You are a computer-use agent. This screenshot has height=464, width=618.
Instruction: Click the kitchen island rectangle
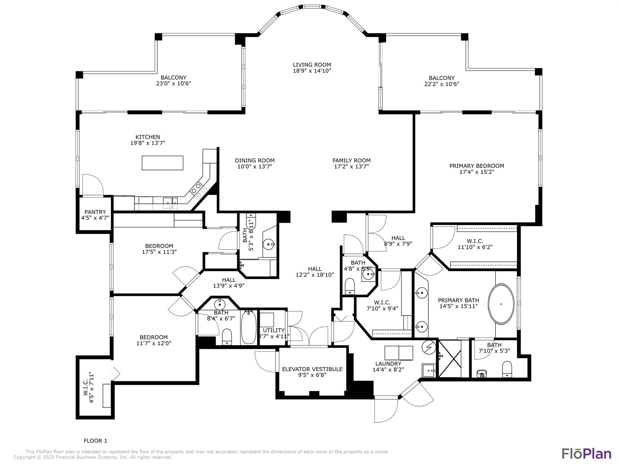coord(162,163)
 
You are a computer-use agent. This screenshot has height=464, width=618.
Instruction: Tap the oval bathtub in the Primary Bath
coord(501,304)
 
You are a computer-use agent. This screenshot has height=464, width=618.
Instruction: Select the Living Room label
coord(312,65)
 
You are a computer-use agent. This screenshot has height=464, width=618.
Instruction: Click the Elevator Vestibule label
coord(312,369)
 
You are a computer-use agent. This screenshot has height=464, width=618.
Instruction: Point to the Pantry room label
coord(95,212)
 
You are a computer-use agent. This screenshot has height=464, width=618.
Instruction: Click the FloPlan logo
coord(586,454)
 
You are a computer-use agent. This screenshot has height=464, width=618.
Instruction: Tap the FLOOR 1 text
coord(95,441)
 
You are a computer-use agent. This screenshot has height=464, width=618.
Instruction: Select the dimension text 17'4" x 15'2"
coord(476,172)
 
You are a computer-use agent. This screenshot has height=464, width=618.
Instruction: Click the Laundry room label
coord(388,364)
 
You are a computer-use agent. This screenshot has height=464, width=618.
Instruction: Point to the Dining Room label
coord(255,160)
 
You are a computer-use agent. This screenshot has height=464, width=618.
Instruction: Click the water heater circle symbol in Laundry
coord(429,347)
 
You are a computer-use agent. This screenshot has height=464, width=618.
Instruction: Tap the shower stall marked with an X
coord(450,359)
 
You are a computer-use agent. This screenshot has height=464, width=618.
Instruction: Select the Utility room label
coord(273,330)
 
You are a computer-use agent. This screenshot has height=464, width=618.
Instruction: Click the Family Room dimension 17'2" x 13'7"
coord(351,166)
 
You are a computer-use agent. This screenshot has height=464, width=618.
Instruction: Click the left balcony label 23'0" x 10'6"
coord(173,83)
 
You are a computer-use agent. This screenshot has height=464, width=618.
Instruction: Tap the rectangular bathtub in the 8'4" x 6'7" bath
coord(249,328)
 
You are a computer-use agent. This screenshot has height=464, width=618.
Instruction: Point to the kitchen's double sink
coord(170,201)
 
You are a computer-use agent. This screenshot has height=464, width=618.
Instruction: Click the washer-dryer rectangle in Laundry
coord(399,353)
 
